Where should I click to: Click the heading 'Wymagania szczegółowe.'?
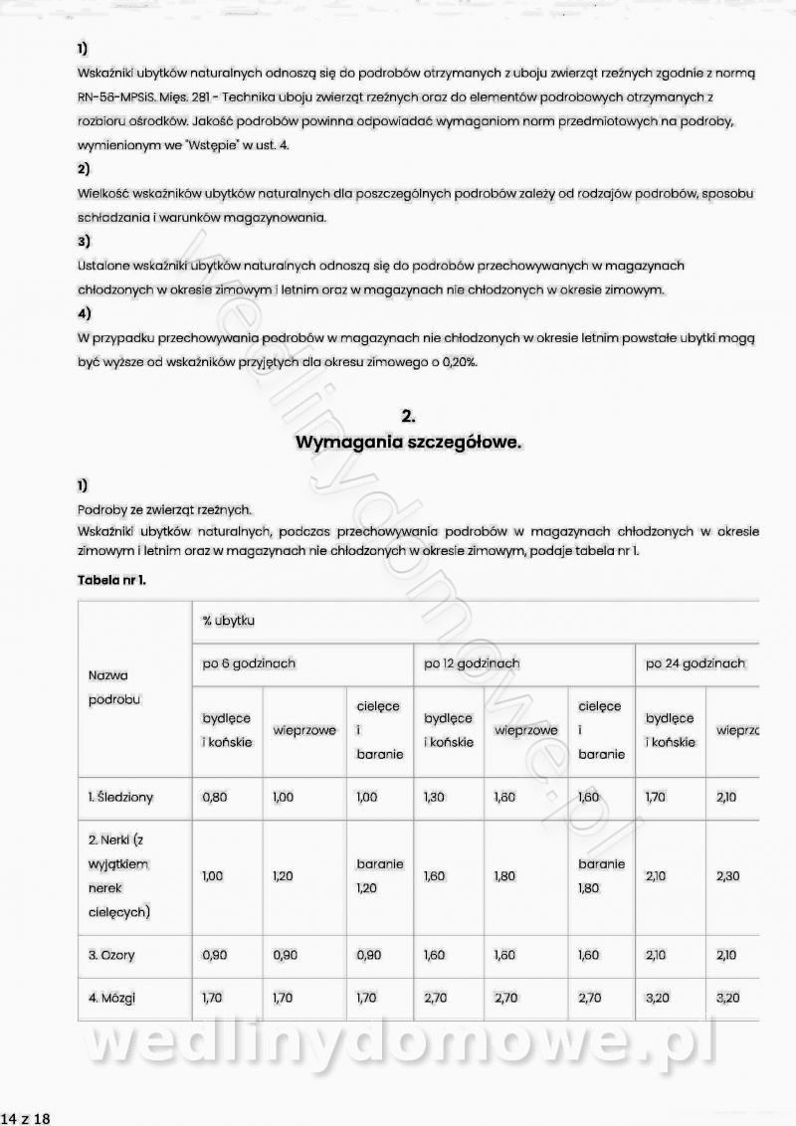coord(408,443)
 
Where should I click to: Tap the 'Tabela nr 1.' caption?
coord(111,579)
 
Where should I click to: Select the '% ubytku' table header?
coord(229,621)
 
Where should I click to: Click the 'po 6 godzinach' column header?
coord(249,663)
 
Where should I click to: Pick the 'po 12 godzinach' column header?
coord(472,663)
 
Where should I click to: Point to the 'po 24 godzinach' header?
coord(696,663)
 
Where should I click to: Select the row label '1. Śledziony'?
coord(121,797)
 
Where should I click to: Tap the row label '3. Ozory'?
coord(111,955)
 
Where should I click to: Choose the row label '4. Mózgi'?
coord(111,998)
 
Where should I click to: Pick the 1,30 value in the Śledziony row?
coord(435,797)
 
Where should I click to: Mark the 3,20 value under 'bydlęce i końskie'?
coord(657,998)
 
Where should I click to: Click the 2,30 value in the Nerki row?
coord(727,876)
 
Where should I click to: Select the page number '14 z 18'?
coord(26,1118)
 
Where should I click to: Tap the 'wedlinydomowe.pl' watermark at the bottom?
coord(398,1044)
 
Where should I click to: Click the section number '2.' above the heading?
coord(408,416)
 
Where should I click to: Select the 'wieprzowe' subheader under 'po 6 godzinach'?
coord(303,730)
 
